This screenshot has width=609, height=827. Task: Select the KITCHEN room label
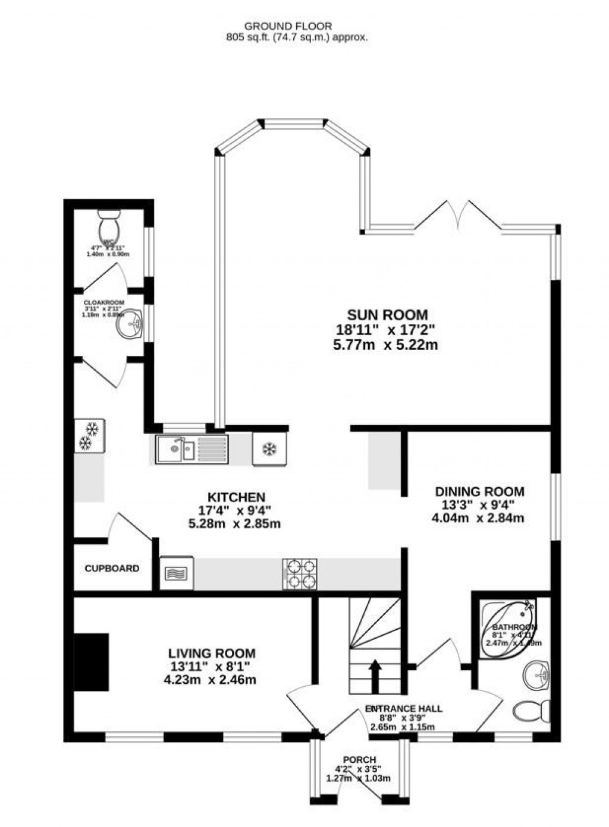(236, 497)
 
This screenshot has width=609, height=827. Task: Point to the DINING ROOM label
(479, 491)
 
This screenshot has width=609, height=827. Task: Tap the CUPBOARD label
(112, 569)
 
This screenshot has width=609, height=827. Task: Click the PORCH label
(359, 759)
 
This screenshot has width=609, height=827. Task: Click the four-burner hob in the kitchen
(300, 574)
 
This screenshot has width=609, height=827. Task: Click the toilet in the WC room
(110, 230)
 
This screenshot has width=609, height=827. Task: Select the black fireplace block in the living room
(92, 661)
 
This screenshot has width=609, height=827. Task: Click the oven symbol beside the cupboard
(177, 573)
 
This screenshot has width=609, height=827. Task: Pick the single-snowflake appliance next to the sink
(269, 449)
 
